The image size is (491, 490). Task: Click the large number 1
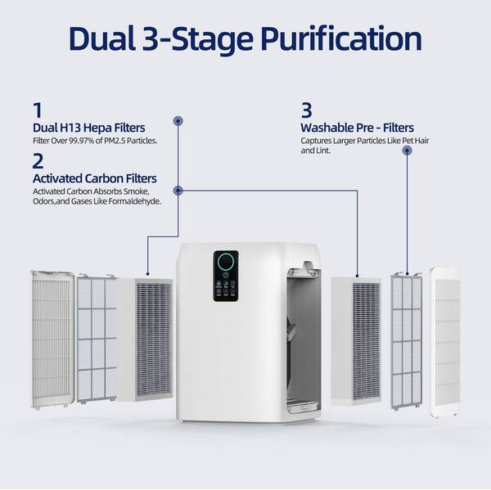point(37,110)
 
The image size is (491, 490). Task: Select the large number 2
point(38,160)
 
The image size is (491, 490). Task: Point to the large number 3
point(306,110)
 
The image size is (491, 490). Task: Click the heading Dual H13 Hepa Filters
point(88,128)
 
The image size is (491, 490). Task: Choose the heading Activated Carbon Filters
point(94,178)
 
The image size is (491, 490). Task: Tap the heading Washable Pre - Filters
point(357,128)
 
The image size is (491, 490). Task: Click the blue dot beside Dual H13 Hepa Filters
point(178,121)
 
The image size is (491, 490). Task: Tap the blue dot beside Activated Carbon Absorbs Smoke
point(178,191)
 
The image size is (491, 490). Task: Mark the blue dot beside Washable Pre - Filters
point(407,150)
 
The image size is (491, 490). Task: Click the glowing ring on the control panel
point(225,263)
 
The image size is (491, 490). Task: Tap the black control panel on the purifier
point(225,276)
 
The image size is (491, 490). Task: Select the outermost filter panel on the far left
point(52,339)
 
